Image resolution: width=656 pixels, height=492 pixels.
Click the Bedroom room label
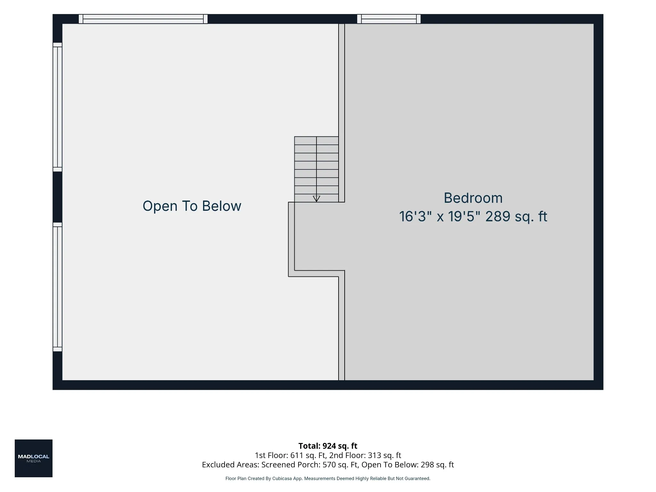tap(473, 198)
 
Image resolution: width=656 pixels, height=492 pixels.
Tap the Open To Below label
tap(192, 206)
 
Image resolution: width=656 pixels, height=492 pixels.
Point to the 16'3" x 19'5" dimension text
tap(440, 217)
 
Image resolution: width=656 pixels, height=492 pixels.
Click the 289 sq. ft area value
tap(516, 217)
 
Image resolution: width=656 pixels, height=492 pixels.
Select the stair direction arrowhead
tap(316, 199)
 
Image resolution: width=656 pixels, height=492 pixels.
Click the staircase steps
tap(316, 169)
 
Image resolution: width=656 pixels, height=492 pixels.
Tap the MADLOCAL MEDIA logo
tap(34, 458)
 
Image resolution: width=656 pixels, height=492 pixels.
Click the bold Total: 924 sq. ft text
tap(328, 446)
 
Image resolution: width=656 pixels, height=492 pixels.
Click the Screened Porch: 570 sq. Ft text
tap(309, 465)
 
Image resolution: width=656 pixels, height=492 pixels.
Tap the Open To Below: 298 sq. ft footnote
tap(408, 465)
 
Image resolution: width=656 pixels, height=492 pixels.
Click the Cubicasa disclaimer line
tap(328, 479)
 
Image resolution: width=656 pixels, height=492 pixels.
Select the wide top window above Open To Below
tap(143, 19)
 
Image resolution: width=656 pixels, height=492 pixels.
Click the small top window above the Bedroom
tap(389, 19)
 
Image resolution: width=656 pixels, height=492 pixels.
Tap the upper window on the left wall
tap(57, 107)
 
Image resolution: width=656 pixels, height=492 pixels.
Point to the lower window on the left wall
tap(57, 287)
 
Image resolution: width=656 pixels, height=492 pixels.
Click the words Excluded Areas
tap(230, 465)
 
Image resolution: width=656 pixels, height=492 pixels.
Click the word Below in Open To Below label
tap(222, 206)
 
